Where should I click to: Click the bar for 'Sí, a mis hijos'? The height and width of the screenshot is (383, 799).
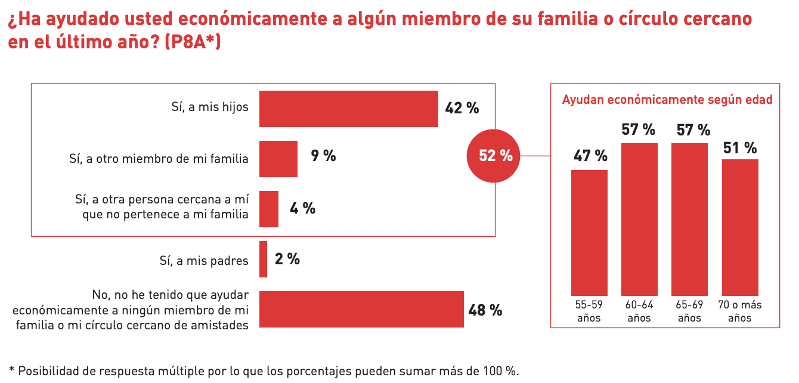click(x=348, y=109)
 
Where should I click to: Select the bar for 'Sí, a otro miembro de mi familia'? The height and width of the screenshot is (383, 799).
click(x=278, y=159)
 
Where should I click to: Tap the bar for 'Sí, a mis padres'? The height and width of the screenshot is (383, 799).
click(x=263, y=259)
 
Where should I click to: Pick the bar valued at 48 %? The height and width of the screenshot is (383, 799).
click(x=361, y=309)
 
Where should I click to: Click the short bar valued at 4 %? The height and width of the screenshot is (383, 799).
click(x=269, y=209)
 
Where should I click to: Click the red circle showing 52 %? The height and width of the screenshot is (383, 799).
click(x=494, y=156)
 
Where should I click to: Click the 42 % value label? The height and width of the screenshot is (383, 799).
click(x=462, y=108)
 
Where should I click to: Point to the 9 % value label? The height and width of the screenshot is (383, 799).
click(x=323, y=156)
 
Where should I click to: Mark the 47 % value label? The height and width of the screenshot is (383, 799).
click(x=590, y=156)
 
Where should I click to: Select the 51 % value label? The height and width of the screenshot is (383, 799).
click(x=740, y=147)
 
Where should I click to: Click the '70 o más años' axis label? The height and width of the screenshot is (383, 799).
click(x=740, y=311)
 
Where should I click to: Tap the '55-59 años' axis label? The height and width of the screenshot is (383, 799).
click(x=589, y=311)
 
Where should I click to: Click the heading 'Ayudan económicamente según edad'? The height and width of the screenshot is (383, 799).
click(x=667, y=100)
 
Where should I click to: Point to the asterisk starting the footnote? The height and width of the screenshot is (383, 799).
click(x=11, y=369)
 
